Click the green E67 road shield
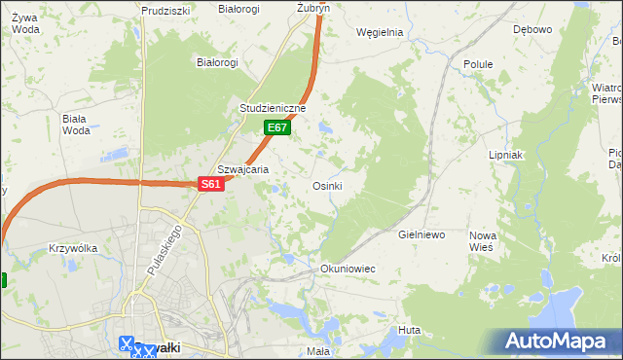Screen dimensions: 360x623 click(277, 127)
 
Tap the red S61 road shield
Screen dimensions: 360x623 click(212, 184)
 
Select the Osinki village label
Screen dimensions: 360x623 click(326, 186)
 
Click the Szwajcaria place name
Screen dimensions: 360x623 click(242, 168)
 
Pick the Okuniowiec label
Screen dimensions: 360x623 click(348, 268)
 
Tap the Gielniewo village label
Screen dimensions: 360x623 click(421, 235)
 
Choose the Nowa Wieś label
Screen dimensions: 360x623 click(482, 241)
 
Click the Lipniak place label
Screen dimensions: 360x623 click(506, 155)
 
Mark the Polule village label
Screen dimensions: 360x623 click(478, 64)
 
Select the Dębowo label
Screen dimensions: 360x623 click(532, 29)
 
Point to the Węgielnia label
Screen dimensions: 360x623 click(380, 32)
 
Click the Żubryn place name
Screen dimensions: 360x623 click(313, 7)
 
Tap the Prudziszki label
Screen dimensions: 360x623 click(165, 11)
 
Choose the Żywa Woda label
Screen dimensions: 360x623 click(26, 23)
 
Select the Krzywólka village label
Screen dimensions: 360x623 click(73, 248)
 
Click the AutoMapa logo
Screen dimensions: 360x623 click(557, 342)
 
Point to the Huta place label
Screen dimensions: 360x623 click(409, 331)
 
